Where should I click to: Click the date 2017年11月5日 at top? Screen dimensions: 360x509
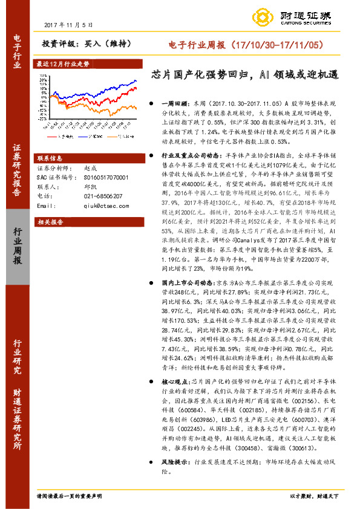point(70,25)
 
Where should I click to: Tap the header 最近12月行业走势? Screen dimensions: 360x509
point(63,63)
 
